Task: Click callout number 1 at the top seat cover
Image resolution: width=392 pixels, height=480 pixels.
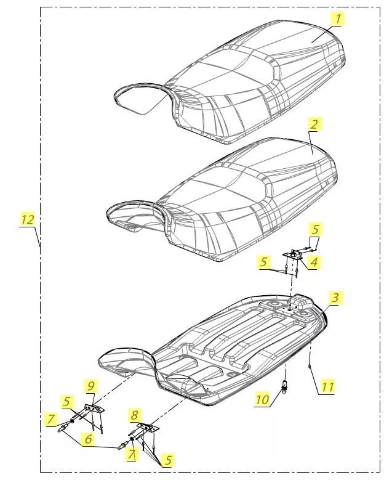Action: [337, 19]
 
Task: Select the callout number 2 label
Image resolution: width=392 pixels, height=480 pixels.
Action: [314, 124]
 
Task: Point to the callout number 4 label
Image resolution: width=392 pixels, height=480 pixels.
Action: [314, 262]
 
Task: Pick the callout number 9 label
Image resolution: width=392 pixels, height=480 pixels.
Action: [91, 386]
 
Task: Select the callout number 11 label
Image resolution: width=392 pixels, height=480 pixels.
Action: [327, 387]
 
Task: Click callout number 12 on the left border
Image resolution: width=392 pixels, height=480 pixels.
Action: [27, 219]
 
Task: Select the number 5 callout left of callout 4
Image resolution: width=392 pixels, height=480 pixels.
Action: [264, 262]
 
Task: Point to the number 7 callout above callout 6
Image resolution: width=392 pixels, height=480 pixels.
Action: [52, 419]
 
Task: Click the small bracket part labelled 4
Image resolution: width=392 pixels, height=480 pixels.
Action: [296, 254]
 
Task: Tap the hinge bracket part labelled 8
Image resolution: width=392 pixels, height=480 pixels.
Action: [146, 428]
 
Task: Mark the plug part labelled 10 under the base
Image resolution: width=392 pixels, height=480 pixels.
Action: [285, 387]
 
